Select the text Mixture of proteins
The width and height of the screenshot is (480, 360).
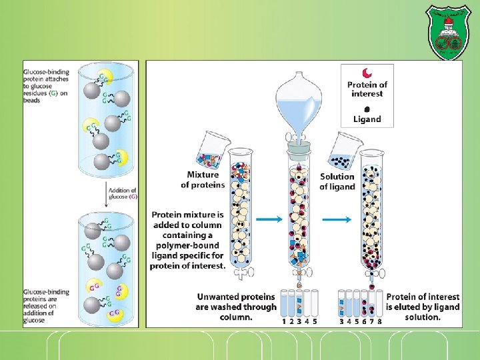[203, 179]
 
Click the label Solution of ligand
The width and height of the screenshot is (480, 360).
[337, 181]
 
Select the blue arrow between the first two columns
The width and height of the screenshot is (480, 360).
[268, 219]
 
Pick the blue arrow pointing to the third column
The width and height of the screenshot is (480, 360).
[337, 219]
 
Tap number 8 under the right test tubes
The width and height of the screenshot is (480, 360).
[379, 321]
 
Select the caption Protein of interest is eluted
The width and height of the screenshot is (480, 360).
[423, 307]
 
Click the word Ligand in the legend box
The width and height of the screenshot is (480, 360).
[367, 119]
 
